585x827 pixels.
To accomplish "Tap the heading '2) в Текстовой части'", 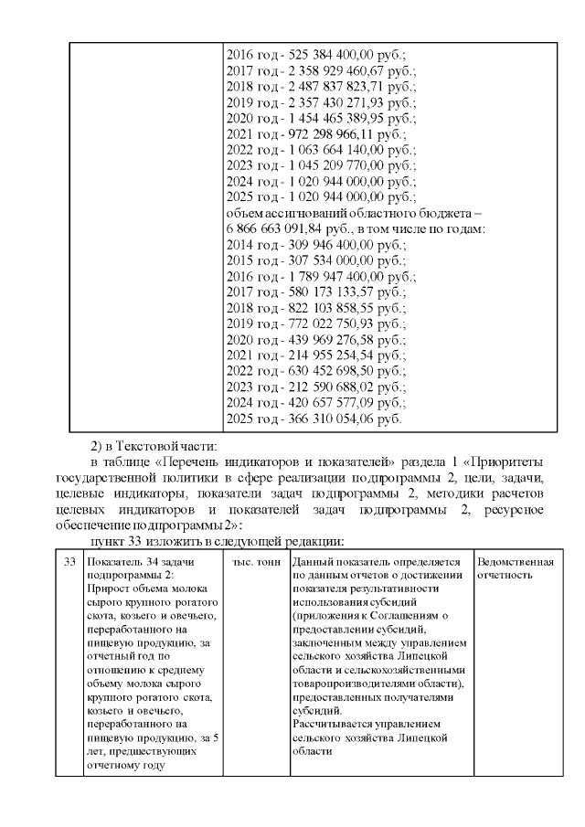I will point(153,446).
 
